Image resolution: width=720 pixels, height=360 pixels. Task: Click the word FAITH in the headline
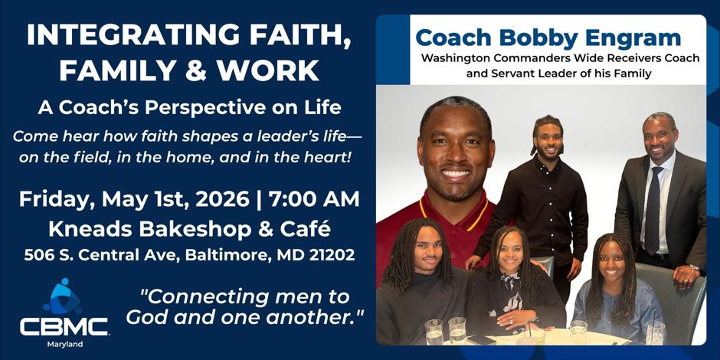(304, 34)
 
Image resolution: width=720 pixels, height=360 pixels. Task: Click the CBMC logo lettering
(64, 326)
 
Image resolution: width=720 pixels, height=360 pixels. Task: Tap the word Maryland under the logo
(65, 344)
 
